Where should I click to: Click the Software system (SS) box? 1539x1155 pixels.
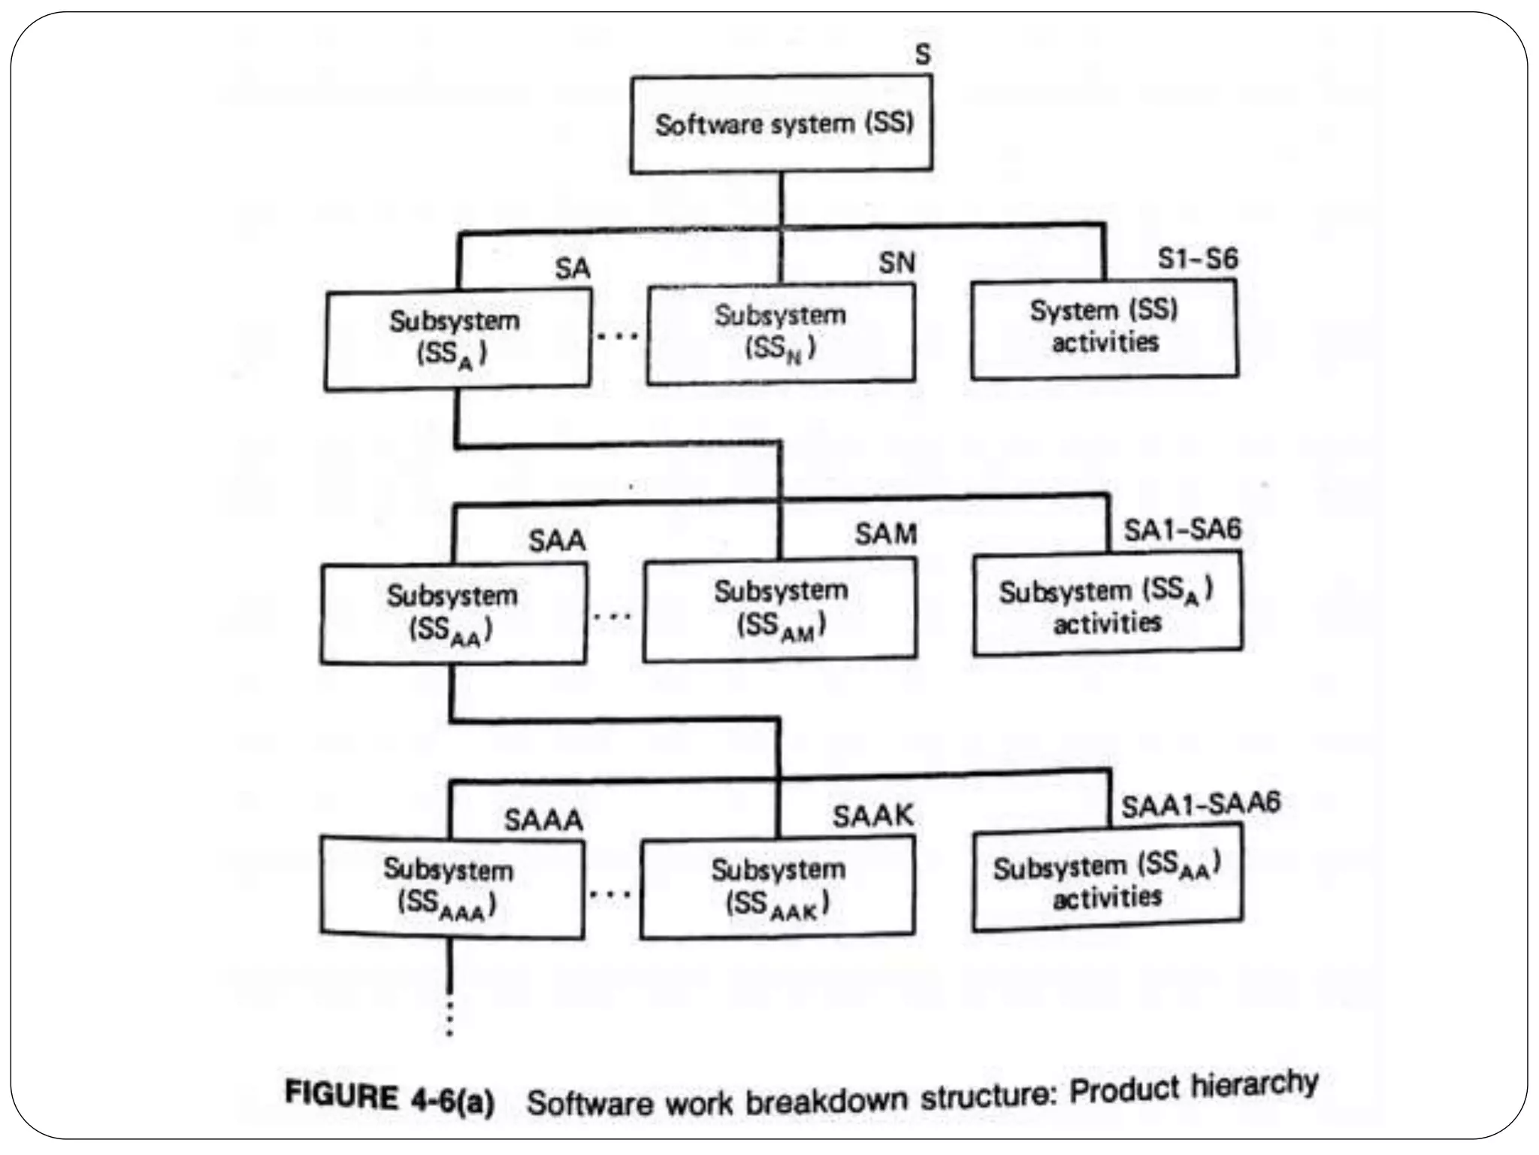(x=782, y=124)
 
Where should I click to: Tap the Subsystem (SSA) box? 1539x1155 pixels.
(x=457, y=339)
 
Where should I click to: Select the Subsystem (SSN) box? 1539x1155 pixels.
(x=781, y=333)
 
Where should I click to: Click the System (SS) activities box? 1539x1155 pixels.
(x=1104, y=328)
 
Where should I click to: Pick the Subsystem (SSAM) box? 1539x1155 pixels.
(x=780, y=609)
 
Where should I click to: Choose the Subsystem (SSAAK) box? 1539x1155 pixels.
(x=778, y=887)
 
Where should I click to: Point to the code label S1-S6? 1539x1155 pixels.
(x=1197, y=259)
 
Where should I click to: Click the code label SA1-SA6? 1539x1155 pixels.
(x=1182, y=530)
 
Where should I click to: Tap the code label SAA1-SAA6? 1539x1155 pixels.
(x=1200, y=805)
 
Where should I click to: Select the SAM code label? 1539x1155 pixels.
(x=885, y=535)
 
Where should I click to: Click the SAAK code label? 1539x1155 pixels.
(x=872, y=816)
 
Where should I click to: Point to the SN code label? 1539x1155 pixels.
(x=896, y=263)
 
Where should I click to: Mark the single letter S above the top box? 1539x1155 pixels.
(x=923, y=54)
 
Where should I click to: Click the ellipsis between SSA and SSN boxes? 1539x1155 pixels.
(x=618, y=335)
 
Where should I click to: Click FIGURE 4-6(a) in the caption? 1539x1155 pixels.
(x=389, y=1099)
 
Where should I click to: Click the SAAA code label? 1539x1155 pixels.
(x=543, y=820)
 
